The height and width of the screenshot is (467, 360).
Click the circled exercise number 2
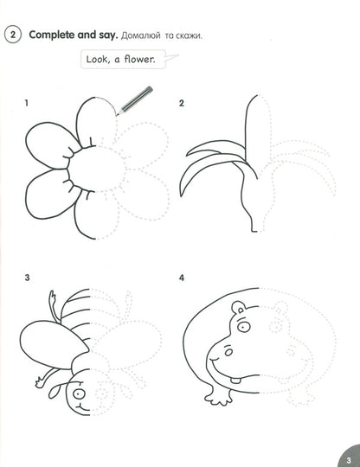coord(13,35)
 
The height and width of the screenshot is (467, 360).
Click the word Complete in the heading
coord(55,35)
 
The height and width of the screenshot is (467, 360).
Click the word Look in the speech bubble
coord(97,60)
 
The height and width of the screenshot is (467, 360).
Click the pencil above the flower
coord(132,96)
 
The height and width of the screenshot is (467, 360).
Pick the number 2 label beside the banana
coord(182,105)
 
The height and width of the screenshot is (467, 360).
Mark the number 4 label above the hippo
coord(182,278)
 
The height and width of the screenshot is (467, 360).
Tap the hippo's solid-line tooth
coord(239,377)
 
